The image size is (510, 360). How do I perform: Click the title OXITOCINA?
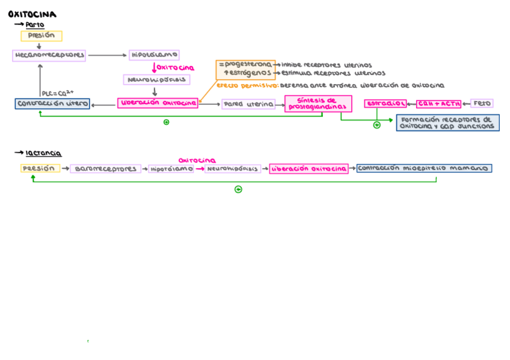point(32,14)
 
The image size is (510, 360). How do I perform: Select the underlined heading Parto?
point(35,25)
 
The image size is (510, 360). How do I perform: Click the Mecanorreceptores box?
point(49,55)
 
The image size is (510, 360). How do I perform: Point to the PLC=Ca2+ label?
point(57,93)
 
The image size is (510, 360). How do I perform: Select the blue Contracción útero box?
point(52,104)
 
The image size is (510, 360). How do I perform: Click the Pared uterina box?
point(248,105)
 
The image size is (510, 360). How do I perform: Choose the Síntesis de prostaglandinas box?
point(318,104)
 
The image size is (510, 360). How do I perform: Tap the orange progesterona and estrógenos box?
point(246,69)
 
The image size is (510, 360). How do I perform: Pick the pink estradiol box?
point(386,104)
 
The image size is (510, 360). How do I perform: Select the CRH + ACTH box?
point(439,104)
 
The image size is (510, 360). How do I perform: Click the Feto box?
point(482,103)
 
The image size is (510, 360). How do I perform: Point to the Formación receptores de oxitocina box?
point(447,123)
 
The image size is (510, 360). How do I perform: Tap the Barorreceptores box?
point(106,169)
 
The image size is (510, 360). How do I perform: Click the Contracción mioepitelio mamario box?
point(423,168)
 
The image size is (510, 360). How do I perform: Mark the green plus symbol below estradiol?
point(376,125)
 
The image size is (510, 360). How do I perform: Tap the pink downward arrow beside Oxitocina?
point(154,68)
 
